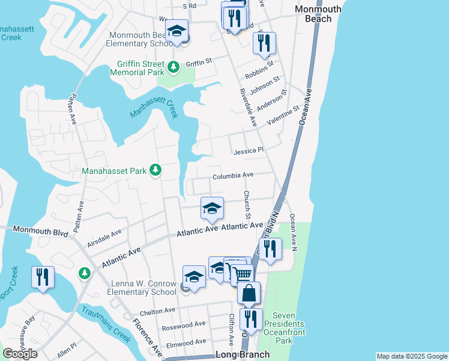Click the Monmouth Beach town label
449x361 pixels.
[x=318, y=14]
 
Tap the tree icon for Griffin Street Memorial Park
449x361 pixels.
[x=173, y=67]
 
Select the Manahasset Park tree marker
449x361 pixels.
[x=155, y=171]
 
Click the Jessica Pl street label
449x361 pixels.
[x=249, y=150]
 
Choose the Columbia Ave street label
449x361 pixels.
[x=234, y=176]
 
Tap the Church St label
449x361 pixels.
[x=246, y=205]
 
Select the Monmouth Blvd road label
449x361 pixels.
[x=37, y=229]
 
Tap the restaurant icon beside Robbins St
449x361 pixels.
[x=264, y=43]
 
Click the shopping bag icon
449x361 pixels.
[x=249, y=293]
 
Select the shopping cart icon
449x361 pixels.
[x=241, y=274]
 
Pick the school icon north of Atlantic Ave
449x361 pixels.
[x=211, y=208]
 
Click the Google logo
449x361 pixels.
[x=20, y=354]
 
